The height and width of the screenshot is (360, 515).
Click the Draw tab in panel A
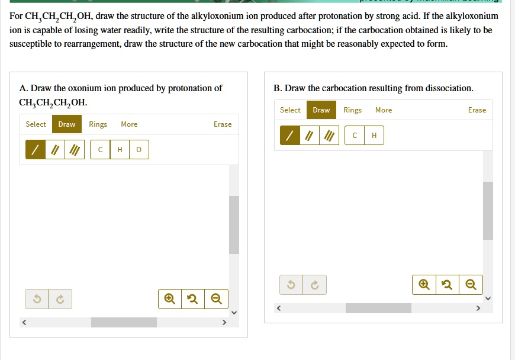click(x=67, y=124)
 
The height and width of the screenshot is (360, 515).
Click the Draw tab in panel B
click(x=321, y=110)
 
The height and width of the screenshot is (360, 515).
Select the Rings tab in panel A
click(x=98, y=124)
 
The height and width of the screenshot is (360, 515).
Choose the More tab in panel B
click(x=384, y=110)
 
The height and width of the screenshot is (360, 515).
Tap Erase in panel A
click(x=223, y=124)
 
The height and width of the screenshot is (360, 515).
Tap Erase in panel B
click(x=477, y=110)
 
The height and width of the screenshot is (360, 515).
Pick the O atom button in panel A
click(x=139, y=149)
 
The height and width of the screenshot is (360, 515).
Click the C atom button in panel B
click(x=355, y=136)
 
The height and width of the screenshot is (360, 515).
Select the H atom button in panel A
click(x=120, y=149)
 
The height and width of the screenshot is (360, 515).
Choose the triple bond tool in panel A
click(x=75, y=149)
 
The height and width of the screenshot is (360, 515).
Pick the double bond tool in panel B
click(x=310, y=136)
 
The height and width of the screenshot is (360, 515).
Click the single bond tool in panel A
click(x=36, y=149)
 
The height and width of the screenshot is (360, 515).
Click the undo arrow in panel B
click(x=291, y=284)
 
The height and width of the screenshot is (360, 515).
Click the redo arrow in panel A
click(x=60, y=299)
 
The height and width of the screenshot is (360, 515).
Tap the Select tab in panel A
click(x=36, y=124)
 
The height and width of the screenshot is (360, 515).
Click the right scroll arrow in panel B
click(x=478, y=308)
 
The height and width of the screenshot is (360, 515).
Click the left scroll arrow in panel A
click(x=24, y=322)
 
